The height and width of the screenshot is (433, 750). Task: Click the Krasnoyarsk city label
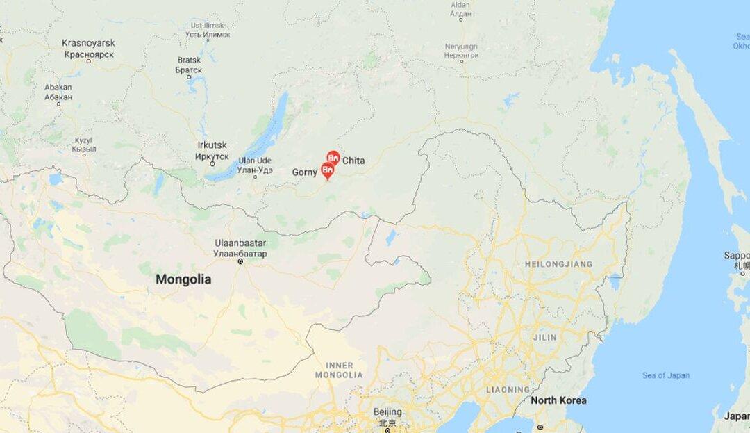tap(88, 48)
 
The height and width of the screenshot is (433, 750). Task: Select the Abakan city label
tap(58, 92)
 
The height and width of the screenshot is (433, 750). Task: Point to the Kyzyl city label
tap(83, 145)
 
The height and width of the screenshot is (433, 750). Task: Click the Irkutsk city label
tap(212, 149)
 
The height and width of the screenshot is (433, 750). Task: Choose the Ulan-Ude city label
tap(255, 165)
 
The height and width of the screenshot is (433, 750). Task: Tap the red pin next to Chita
tap(333, 158)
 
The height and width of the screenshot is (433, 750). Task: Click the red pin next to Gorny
tap(326, 170)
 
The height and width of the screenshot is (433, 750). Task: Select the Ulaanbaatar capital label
tap(241, 249)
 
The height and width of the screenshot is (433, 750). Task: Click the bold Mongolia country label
tap(183, 279)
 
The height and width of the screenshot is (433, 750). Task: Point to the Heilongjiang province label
tap(558, 264)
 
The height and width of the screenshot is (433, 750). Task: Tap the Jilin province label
tap(544, 337)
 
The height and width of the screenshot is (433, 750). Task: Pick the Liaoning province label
tap(508, 389)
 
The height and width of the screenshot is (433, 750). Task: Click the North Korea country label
tap(558, 400)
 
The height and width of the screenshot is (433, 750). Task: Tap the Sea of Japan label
tap(666, 375)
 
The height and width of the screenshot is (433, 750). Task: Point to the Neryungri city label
tap(461, 51)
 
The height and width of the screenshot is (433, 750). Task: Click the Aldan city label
tap(460, 9)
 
